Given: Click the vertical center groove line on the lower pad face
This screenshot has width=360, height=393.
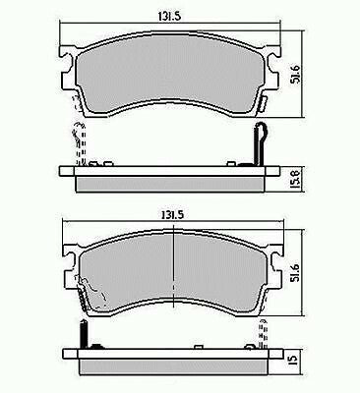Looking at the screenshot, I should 173,269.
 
